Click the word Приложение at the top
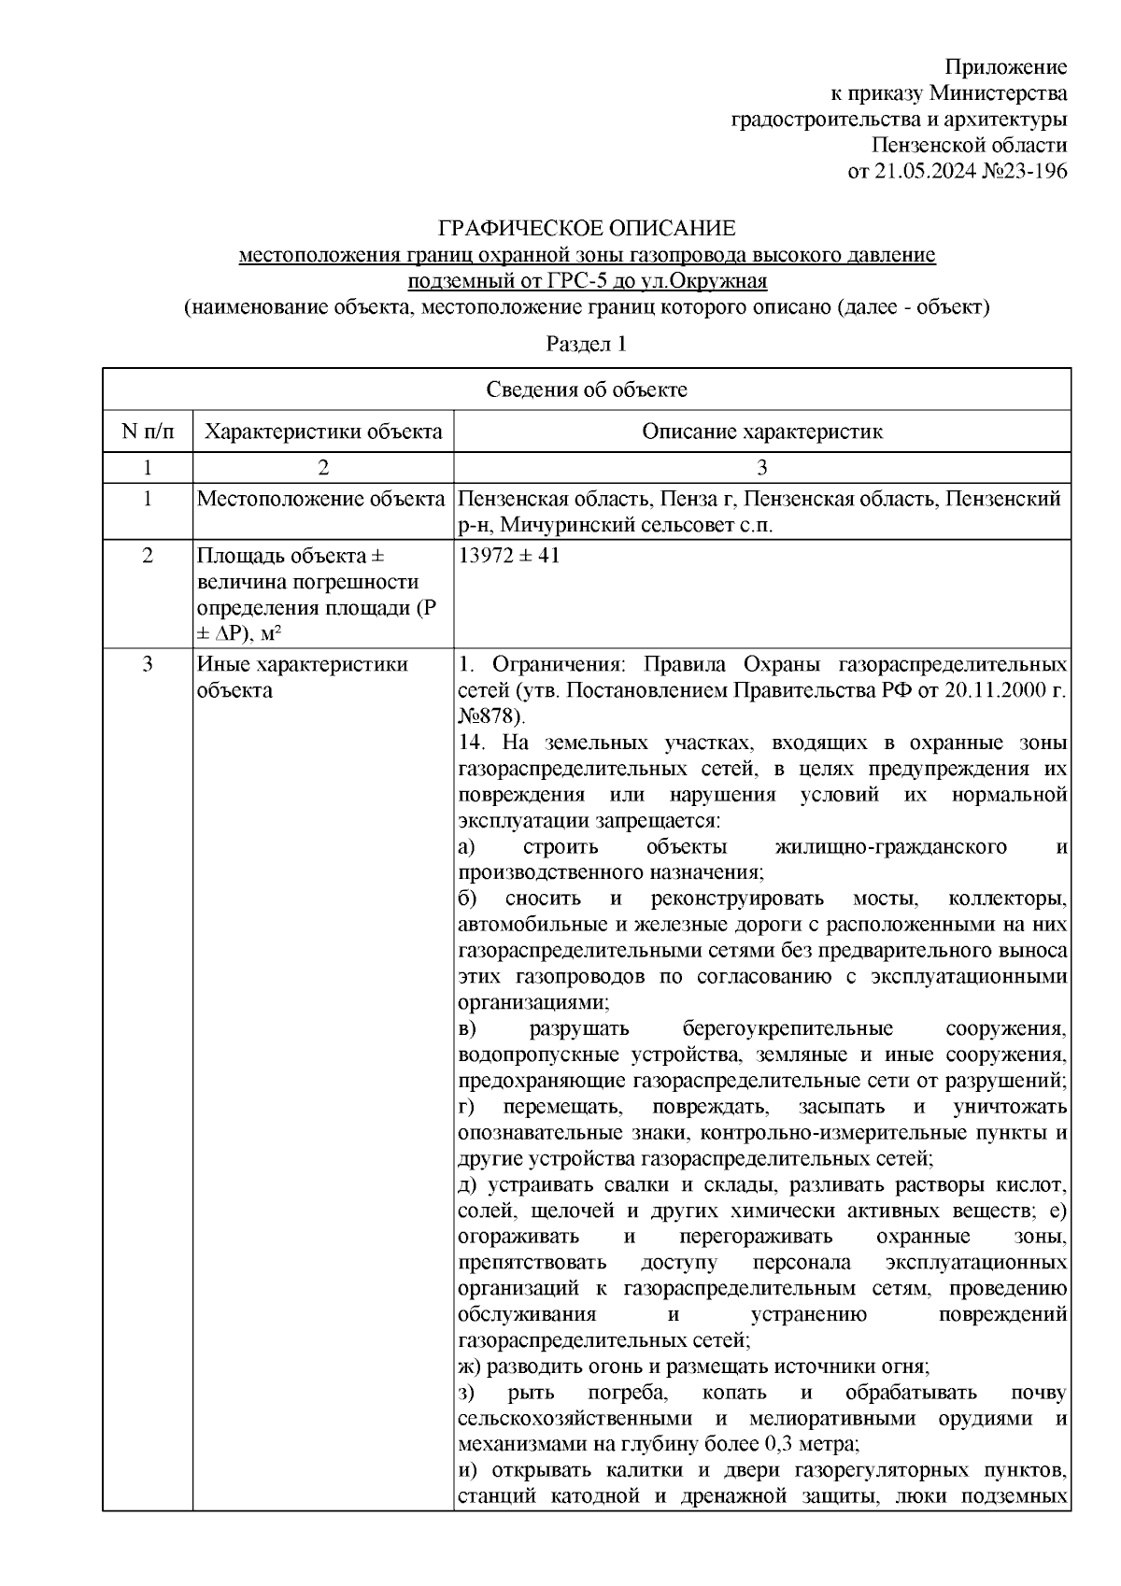[x=1005, y=67]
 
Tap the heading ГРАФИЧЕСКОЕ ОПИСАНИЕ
[x=587, y=229]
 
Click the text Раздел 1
[x=586, y=344]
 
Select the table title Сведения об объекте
[x=586, y=389]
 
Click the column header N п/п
[x=147, y=432]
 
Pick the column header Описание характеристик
[x=761, y=432]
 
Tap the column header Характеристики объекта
[x=323, y=432]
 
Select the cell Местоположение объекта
[x=320, y=499]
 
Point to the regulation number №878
[x=490, y=716]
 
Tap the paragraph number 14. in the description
[x=473, y=743]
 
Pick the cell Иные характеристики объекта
[x=302, y=677]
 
